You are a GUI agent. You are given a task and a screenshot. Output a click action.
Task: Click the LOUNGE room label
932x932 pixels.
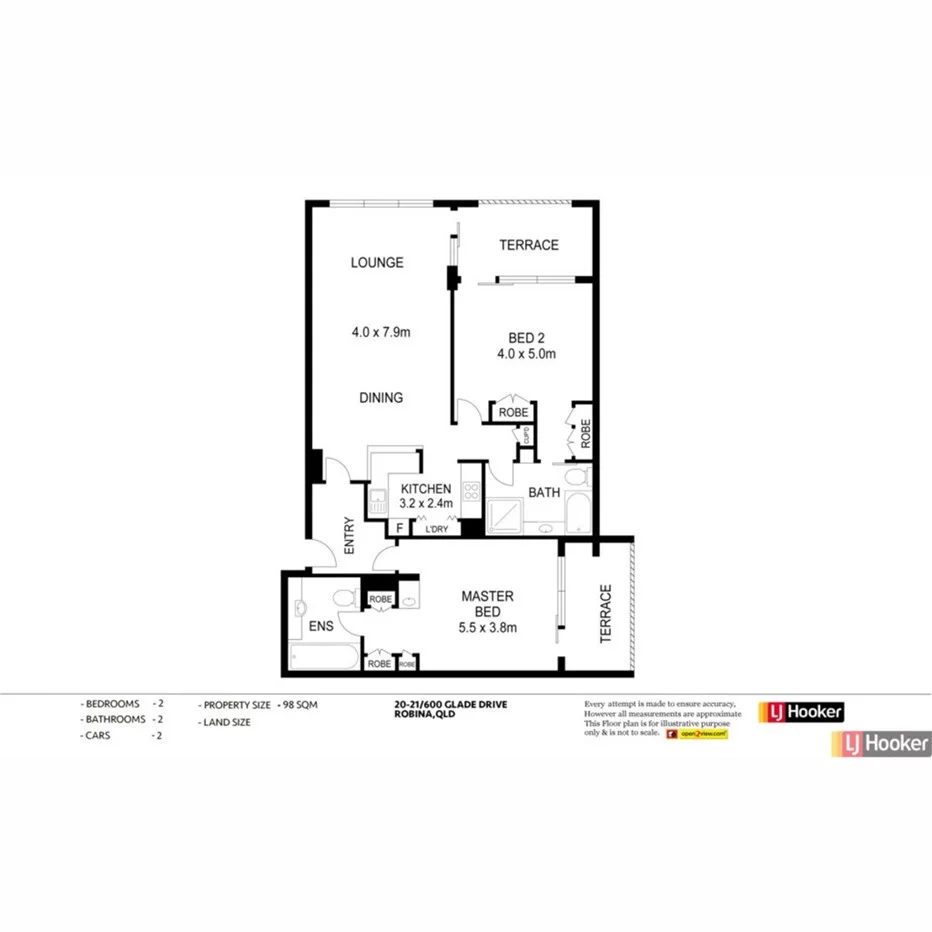coord(377,263)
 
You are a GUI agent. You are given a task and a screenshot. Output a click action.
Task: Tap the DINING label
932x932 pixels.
coord(381,398)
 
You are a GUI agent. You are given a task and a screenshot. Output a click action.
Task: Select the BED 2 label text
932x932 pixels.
coord(525,338)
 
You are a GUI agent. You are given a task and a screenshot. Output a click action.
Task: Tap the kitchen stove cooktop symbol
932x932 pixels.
coord(472,491)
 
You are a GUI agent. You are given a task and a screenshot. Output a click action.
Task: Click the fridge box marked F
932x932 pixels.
coord(400,527)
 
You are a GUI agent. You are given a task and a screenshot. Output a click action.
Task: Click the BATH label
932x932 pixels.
coord(544,492)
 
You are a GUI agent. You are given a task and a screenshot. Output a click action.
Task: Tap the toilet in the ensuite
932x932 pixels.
coord(343,597)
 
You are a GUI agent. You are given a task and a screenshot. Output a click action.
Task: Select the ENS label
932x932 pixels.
coord(319,628)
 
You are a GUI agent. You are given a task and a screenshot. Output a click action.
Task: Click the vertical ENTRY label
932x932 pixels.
coord(349,536)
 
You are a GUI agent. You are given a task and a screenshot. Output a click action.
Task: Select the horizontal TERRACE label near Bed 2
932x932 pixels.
coord(529,245)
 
